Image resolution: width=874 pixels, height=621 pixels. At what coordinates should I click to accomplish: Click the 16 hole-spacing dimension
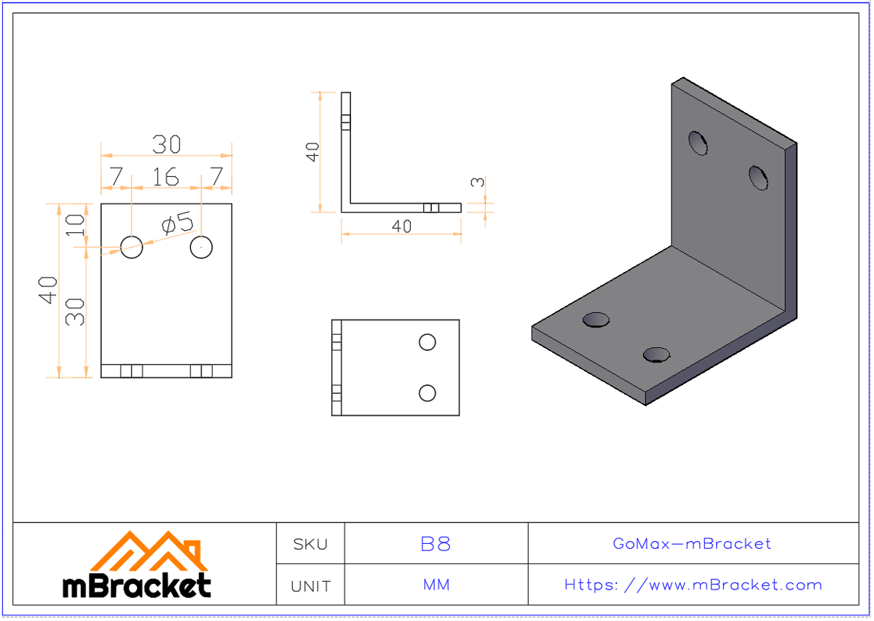166,177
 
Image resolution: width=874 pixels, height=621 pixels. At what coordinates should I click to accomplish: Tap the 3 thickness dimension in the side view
477,181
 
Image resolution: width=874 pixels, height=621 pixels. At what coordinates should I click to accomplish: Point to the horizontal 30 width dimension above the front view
166,145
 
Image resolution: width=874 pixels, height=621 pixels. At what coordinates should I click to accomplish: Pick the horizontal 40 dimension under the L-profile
401,226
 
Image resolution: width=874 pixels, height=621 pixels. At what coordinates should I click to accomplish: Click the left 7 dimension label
116,177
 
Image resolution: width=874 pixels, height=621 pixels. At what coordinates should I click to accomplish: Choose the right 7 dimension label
216,177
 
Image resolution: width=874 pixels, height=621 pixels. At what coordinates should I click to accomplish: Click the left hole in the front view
132,247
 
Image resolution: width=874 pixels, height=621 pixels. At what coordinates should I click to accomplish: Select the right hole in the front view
201,247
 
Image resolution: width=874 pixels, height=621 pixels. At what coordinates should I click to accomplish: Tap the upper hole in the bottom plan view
428,341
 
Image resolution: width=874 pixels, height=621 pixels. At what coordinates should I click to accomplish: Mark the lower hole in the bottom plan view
428,393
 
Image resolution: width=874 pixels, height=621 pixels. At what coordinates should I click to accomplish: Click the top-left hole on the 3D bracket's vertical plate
698,143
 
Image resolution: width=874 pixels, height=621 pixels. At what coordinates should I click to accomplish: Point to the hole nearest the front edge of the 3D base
656,355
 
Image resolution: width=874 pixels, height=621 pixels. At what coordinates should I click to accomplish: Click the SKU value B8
436,544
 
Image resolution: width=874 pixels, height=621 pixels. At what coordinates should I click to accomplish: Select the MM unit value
436,585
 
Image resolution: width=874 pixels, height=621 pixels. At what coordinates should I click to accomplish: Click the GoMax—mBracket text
692,544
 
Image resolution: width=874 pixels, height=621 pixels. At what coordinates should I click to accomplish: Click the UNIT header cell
310,586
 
